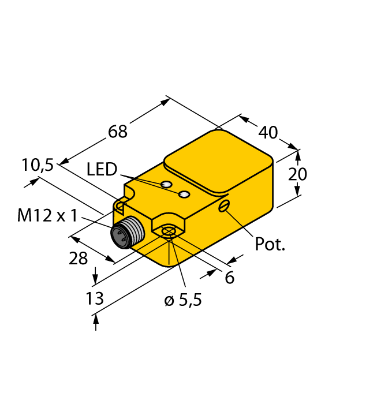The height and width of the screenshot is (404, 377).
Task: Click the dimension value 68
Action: [x=118, y=132]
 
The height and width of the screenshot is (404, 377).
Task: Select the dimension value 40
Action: [x=268, y=132]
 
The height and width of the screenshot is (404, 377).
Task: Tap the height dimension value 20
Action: [x=298, y=174]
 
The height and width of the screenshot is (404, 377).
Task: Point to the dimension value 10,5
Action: [x=38, y=165]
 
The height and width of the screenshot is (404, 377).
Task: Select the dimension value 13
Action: [x=94, y=298]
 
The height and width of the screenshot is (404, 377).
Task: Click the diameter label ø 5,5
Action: [x=183, y=301]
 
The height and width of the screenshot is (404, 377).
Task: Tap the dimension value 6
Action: [x=229, y=278]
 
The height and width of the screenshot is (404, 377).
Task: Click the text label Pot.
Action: [x=270, y=244]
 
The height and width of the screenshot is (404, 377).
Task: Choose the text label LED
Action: [x=102, y=170]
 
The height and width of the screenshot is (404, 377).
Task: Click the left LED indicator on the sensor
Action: [x=166, y=185]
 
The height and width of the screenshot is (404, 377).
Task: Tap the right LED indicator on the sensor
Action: [x=184, y=194]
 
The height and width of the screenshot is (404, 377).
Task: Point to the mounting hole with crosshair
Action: [x=168, y=233]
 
